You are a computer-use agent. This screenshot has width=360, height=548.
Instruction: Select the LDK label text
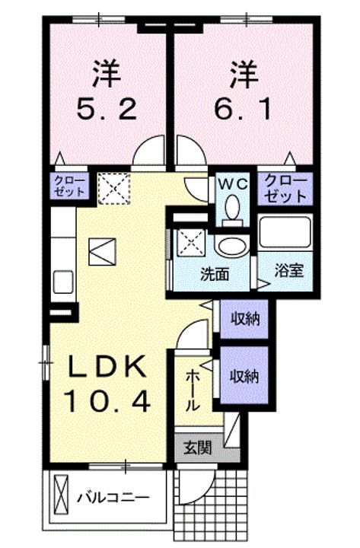click(107, 367)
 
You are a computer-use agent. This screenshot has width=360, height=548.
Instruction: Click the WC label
click(233, 184)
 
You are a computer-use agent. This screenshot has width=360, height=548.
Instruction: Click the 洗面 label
click(215, 274)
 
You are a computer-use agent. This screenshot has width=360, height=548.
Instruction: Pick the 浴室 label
click(288, 270)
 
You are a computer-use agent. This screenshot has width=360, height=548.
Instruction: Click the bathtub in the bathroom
click(285, 231)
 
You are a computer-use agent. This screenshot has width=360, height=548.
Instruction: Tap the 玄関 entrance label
click(198, 448)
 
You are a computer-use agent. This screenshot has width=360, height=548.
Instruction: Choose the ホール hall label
click(193, 390)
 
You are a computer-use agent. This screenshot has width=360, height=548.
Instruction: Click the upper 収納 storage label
click(244, 319)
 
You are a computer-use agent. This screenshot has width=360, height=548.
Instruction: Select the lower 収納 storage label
click(244, 376)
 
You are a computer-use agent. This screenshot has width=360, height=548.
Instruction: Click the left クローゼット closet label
click(69, 186)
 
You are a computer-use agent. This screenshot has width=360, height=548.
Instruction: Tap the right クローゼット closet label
click(285, 189)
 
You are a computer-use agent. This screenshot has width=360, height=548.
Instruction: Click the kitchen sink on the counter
click(63, 282)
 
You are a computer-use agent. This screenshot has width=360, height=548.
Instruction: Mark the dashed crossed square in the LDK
click(113, 188)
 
